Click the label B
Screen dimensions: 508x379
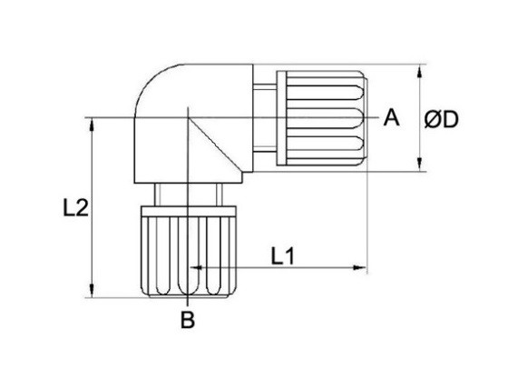(188, 320)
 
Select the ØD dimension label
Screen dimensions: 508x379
(441, 119)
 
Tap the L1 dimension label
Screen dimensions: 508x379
(283, 255)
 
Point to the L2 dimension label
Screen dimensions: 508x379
(75, 207)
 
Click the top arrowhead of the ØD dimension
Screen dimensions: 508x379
(419, 71)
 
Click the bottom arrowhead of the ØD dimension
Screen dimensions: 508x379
(419, 165)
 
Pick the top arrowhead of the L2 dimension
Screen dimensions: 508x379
(92, 125)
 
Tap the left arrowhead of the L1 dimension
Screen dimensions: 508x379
(195, 268)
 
